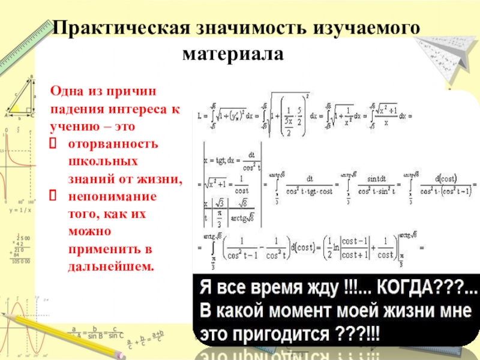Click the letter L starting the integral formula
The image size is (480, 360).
coord(199,112)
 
